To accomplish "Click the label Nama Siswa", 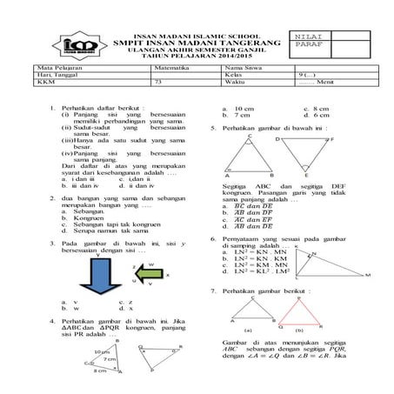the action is [240, 65].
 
